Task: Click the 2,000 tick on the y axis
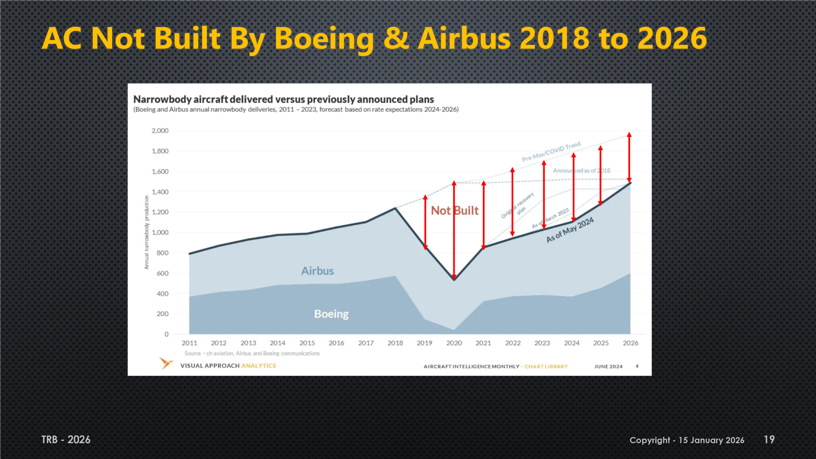click(x=160, y=131)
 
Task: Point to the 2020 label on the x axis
click(x=454, y=343)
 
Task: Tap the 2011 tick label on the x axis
click(x=189, y=343)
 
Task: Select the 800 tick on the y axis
click(x=162, y=253)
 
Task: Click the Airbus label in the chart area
click(x=317, y=271)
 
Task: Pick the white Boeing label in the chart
click(x=331, y=314)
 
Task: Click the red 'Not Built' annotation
click(x=455, y=211)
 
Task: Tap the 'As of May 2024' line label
click(x=570, y=229)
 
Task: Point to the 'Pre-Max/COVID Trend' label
click(x=551, y=152)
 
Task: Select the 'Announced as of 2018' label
click(x=581, y=171)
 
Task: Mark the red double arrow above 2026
click(x=629, y=157)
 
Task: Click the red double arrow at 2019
click(x=425, y=222)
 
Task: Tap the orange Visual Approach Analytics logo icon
click(x=166, y=363)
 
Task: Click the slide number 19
click(x=769, y=440)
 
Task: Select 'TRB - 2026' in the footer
click(x=66, y=440)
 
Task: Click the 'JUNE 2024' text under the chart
click(x=608, y=367)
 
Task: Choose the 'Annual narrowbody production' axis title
click(x=147, y=232)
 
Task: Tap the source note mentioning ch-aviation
click(x=252, y=353)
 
